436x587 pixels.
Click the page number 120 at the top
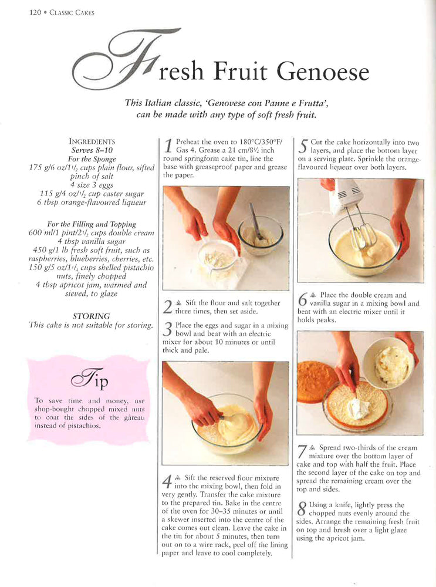[35, 12]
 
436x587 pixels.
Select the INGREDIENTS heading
[92, 141]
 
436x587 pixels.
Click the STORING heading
[92, 316]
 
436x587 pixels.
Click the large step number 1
[169, 147]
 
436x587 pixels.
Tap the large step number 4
[167, 482]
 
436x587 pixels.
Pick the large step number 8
[302, 509]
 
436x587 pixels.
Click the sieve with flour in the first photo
[218, 258]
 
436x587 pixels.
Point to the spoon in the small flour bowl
[256, 222]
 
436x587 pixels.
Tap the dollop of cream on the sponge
[357, 408]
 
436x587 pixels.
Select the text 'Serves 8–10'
[92, 150]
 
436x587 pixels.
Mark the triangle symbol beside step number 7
[313, 448]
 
